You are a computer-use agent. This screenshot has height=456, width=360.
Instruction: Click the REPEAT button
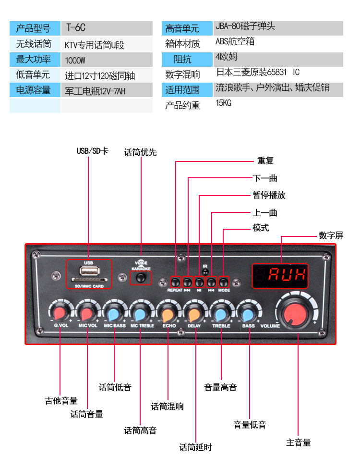click(x=176, y=282)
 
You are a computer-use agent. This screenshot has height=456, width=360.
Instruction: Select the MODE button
click(x=224, y=282)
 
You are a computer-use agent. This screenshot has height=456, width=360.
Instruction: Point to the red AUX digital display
click(x=287, y=275)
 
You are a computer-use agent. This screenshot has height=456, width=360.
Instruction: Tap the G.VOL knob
click(x=60, y=314)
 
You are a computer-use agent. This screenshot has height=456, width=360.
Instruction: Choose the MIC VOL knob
click(x=87, y=314)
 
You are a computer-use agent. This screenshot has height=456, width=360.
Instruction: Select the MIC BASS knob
click(x=114, y=314)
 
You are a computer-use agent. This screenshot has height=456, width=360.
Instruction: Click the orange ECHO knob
click(x=168, y=314)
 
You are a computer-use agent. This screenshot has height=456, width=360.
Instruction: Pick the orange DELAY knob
click(x=194, y=314)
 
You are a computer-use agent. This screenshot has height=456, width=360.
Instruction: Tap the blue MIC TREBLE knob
click(x=141, y=314)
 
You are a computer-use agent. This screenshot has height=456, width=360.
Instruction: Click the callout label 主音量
click(x=298, y=442)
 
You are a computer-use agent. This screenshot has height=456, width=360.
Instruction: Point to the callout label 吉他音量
click(x=61, y=400)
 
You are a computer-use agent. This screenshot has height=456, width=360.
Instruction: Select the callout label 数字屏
click(x=331, y=235)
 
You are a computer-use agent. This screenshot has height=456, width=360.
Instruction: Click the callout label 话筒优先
click(x=140, y=152)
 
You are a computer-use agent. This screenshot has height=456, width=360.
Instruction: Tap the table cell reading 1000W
click(x=75, y=60)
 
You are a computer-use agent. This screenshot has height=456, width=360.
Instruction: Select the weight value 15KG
click(x=223, y=103)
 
